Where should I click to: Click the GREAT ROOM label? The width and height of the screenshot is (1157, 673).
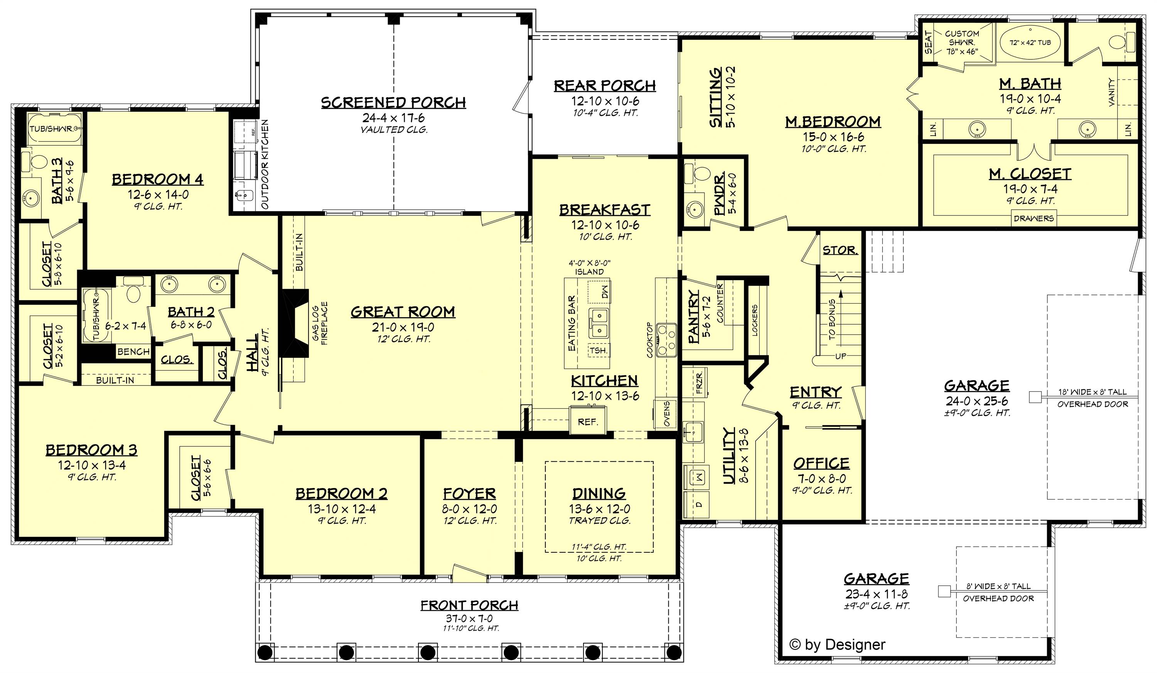[403, 312]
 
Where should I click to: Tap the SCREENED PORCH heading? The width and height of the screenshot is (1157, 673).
[393, 102]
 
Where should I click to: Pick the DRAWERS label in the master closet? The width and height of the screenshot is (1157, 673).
[1034, 219]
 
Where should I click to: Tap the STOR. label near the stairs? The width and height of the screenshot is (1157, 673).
[840, 251]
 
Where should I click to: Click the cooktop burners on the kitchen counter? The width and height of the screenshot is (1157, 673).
[666, 340]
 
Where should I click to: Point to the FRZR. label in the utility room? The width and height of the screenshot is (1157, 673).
[699, 383]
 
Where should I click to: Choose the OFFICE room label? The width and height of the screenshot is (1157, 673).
[821, 463]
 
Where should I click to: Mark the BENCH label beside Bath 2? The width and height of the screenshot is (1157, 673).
[133, 352]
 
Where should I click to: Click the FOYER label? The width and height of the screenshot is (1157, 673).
[469, 494]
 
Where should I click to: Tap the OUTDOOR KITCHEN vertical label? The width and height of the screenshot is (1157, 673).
[265, 164]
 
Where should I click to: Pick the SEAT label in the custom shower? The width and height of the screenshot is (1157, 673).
[928, 42]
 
